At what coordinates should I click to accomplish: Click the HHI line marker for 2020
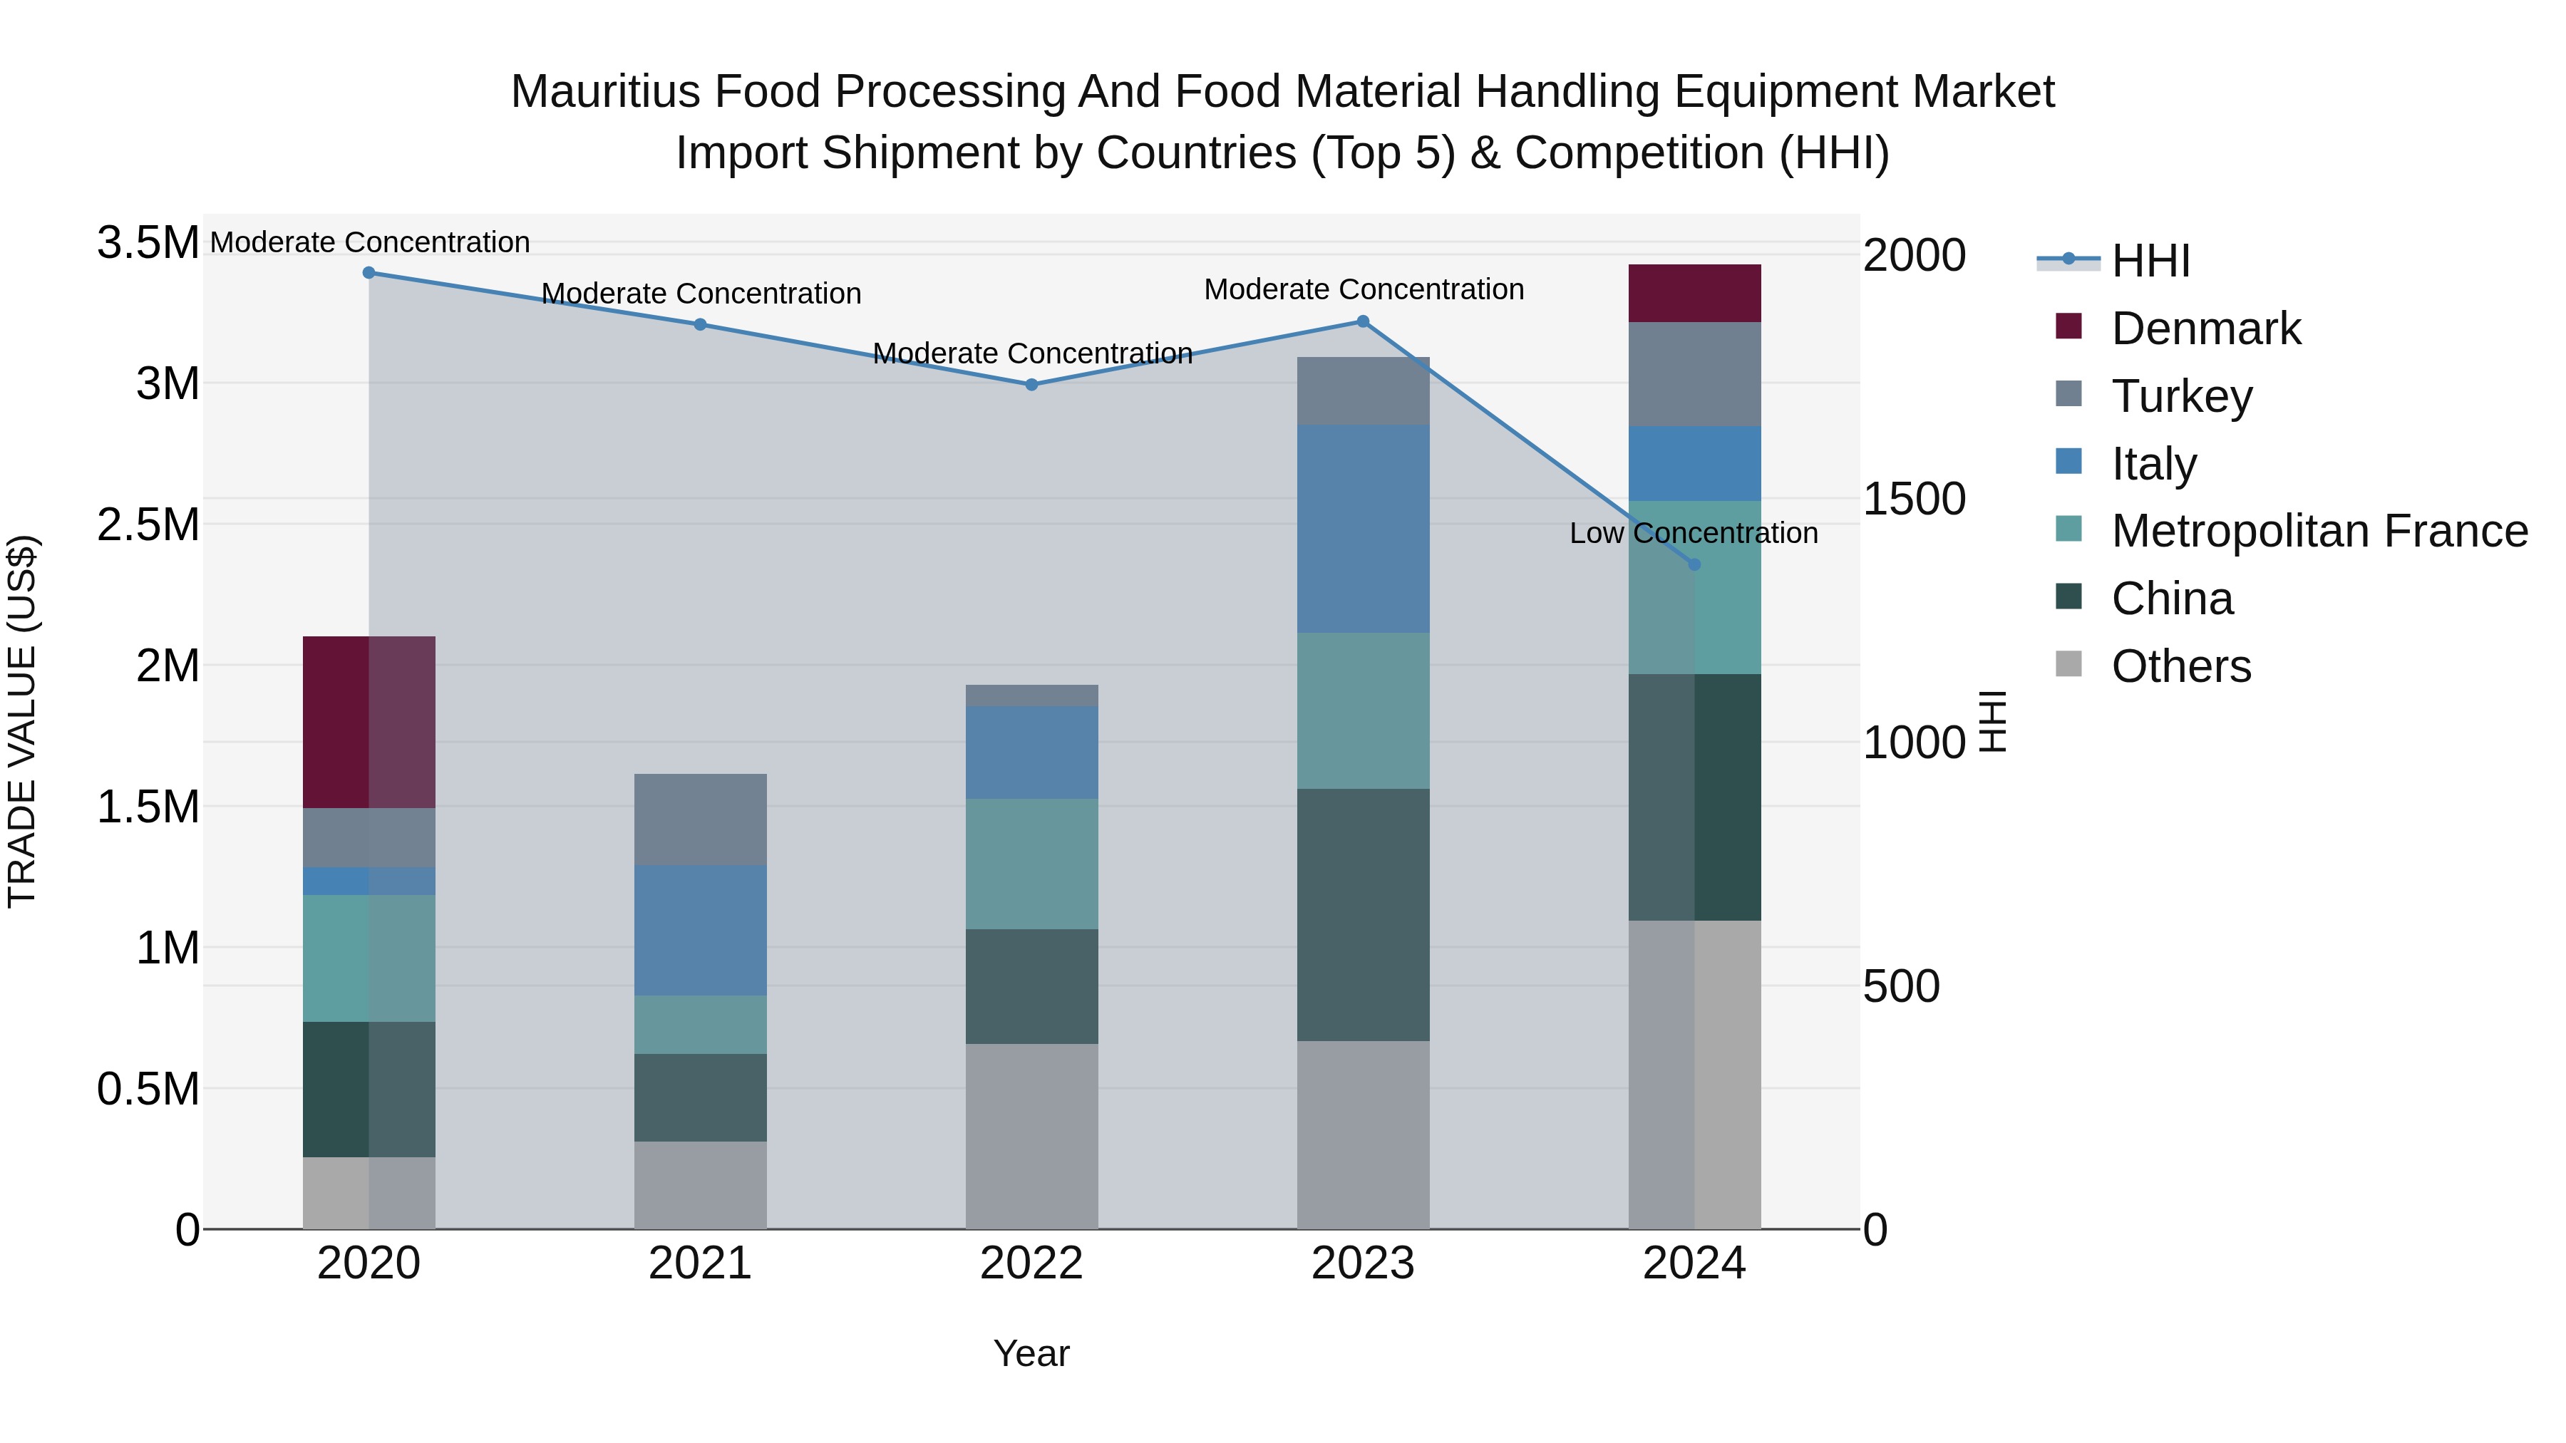[x=369, y=272]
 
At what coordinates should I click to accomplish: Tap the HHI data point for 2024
[x=1694, y=564]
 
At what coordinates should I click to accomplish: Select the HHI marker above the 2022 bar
[x=1032, y=384]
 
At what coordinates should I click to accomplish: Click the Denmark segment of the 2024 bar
[x=1694, y=293]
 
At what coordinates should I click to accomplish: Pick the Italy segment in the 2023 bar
[x=1363, y=529]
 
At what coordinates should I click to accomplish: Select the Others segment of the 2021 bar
[x=700, y=1185]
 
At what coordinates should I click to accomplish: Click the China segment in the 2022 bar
[x=1032, y=986]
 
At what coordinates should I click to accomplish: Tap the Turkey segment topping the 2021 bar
[x=700, y=819]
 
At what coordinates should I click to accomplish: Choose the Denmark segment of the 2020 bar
[x=369, y=722]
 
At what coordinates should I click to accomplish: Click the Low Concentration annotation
[x=1694, y=534]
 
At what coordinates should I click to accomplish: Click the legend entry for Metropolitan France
[x=2319, y=531]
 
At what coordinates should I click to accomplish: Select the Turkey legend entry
[x=2182, y=396]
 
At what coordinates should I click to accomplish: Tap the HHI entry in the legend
[x=2150, y=261]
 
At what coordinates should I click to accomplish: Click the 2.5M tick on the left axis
[x=148, y=524]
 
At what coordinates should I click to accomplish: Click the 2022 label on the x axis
[x=1032, y=1263]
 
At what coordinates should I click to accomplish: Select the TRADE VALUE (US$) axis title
[x=22, y=721]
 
